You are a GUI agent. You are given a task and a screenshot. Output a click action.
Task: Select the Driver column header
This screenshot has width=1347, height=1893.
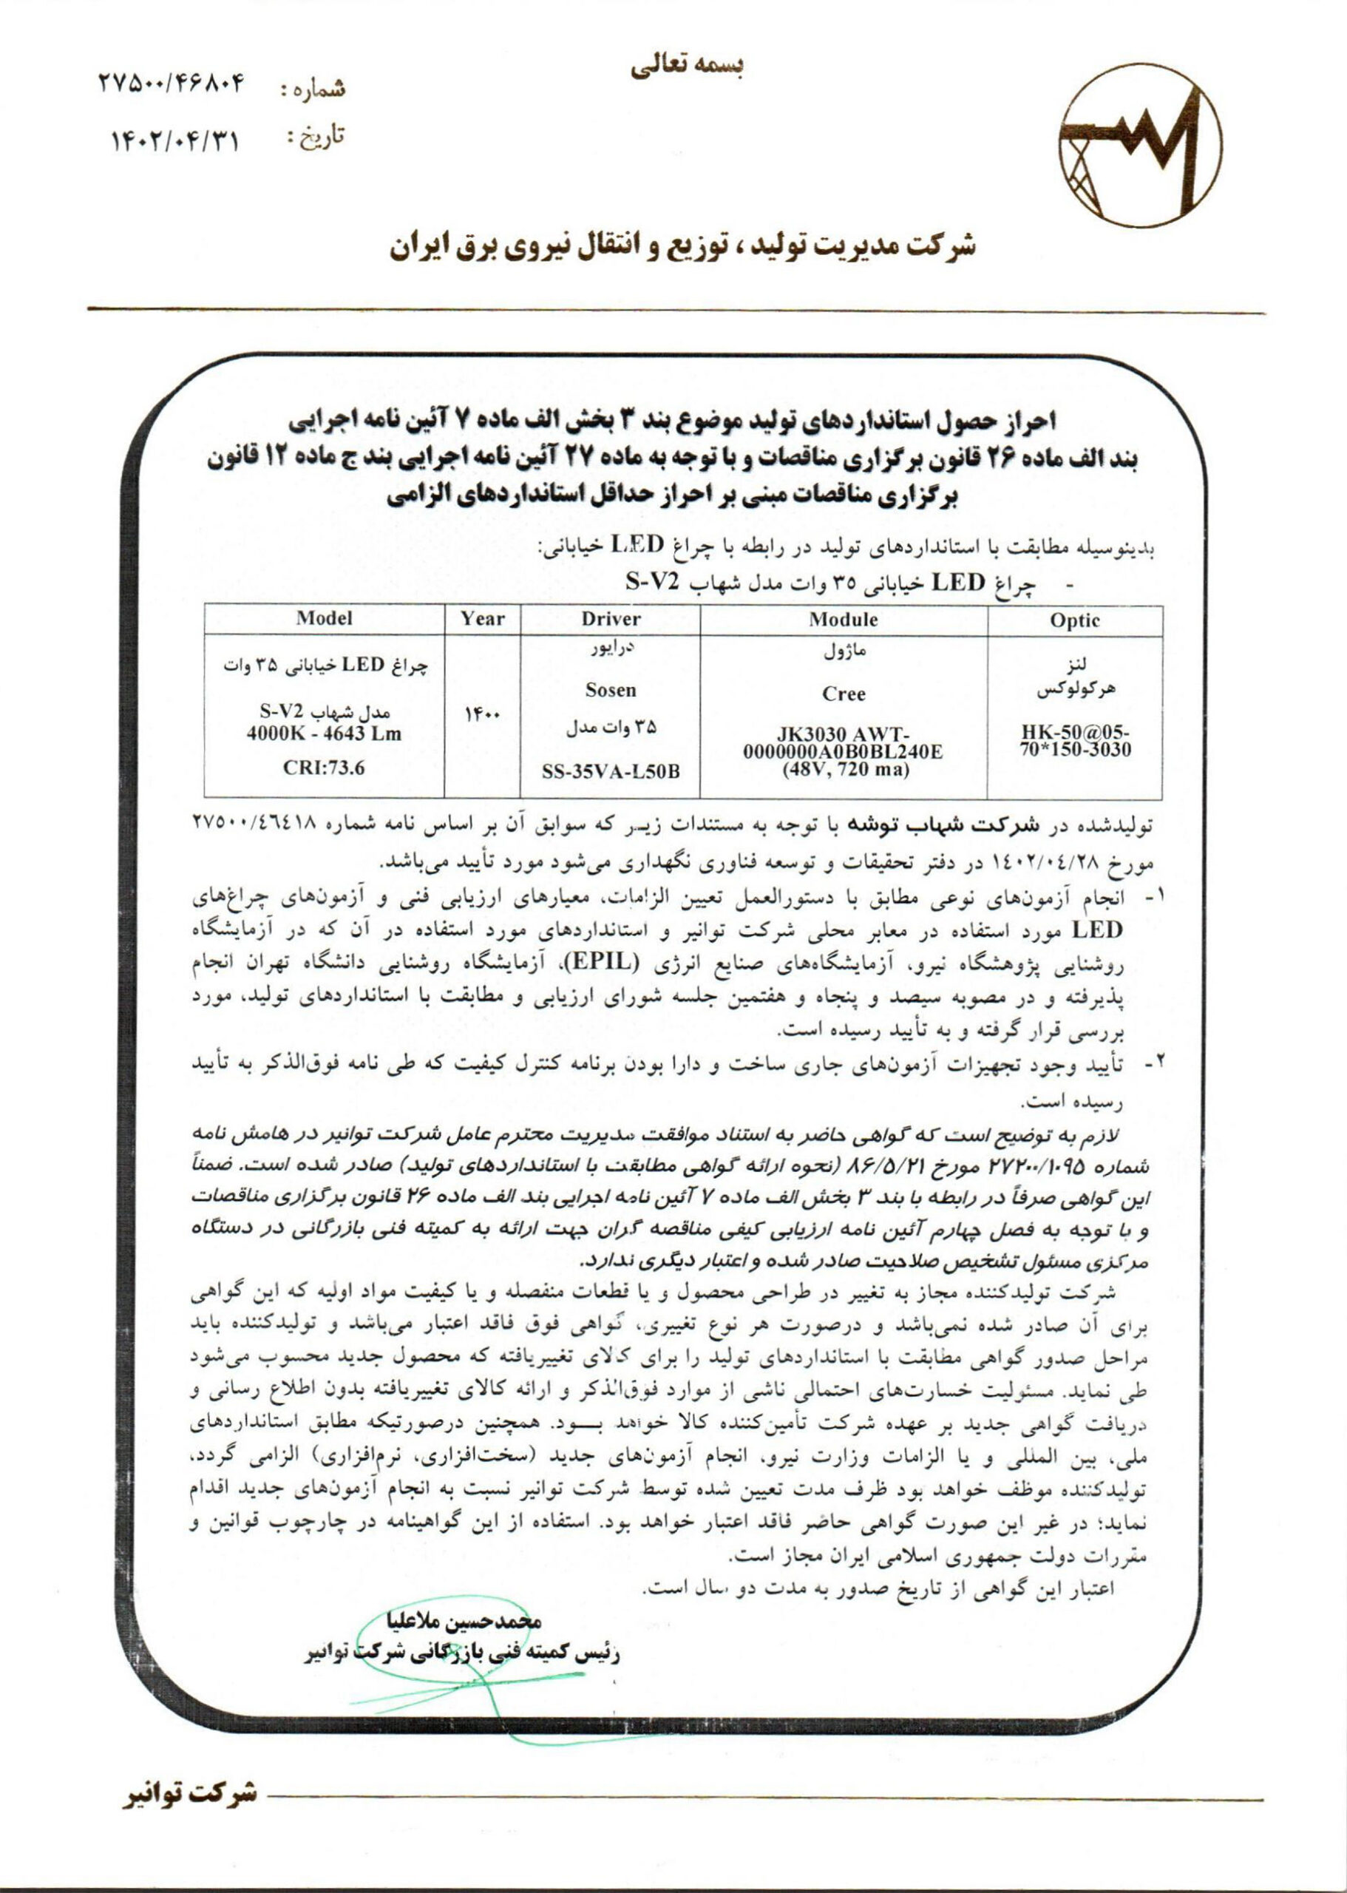pos(611,619)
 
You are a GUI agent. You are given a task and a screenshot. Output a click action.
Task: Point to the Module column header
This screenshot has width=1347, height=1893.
pos(844,619)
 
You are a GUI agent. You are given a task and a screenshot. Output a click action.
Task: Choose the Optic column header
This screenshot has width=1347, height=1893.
pos(1074,620)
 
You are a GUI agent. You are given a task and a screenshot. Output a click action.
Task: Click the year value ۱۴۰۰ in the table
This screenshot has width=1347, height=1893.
pos(482,714)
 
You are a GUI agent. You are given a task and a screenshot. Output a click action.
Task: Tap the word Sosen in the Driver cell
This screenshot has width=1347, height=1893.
pos(611,690)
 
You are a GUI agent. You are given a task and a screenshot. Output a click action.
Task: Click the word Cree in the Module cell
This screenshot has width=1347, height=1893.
pos(844,694)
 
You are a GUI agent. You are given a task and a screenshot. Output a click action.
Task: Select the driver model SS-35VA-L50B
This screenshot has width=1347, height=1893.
pos(611,771)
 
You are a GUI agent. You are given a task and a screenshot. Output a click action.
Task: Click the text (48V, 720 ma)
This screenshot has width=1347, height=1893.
pos(844,769)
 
